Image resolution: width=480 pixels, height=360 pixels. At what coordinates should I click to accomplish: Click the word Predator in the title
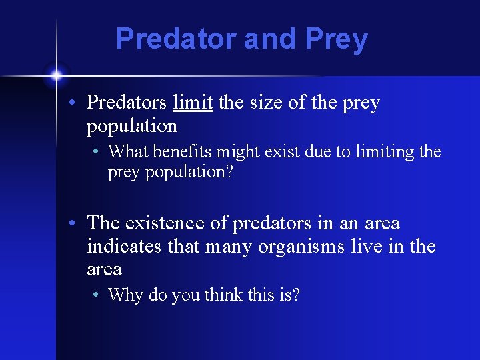point(177,39)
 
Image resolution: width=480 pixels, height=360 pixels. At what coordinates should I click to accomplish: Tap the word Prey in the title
point(336,40)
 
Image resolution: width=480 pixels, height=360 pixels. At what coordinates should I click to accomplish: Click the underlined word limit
point(193,103)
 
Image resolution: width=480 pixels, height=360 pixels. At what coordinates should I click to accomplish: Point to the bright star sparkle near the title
point(57,74)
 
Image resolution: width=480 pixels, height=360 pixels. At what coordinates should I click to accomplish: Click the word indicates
point(125,247)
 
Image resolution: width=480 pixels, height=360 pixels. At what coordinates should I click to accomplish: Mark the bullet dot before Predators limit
point(77,103)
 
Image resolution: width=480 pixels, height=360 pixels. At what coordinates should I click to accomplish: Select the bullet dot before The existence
point(77,223)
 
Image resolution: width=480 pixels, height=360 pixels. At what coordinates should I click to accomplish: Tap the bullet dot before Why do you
point(98,295)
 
